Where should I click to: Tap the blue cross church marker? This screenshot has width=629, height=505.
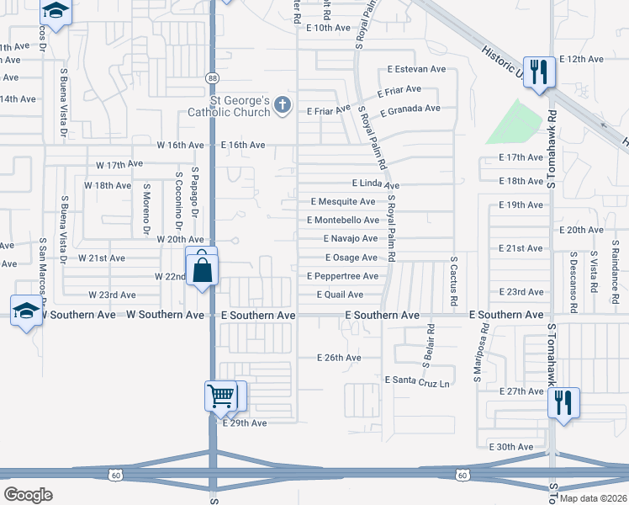(x=283, y=105)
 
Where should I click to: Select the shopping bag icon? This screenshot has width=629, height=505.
(x=202, y=269)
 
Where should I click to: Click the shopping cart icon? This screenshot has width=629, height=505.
(x=220, y=395)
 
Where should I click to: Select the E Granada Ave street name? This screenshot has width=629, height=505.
(x=410, y=109)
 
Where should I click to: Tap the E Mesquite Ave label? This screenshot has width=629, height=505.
(x=343, y=202)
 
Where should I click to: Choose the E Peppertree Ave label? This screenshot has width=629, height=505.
(x=342, y=276)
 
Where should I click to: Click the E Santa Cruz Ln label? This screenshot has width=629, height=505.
(x=417, y=380)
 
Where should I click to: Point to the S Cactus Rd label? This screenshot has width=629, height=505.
(x=453, y=281)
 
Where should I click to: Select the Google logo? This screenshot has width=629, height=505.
(x=28, y=494)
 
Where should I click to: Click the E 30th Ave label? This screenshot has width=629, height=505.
(x=511, y=447)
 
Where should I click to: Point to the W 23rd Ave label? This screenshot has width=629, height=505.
(x=112, y=295)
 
